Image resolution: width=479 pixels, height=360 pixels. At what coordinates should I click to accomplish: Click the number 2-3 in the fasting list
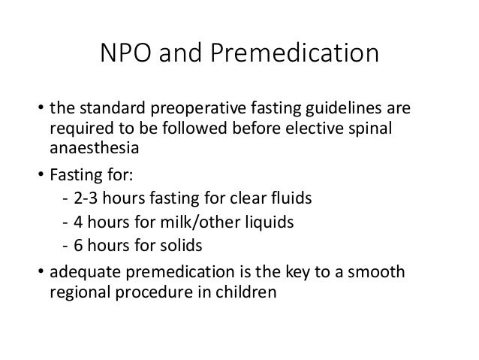coord(86,201)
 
